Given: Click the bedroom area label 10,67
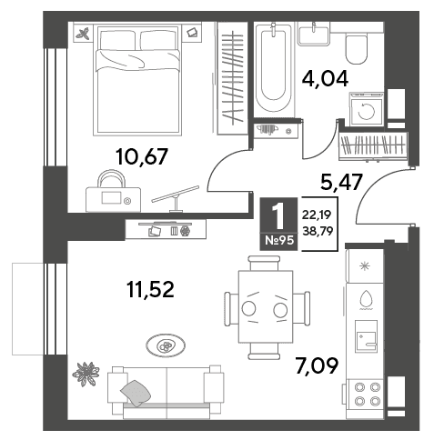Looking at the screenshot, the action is [142, 157].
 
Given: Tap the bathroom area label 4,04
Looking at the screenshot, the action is [325, 78].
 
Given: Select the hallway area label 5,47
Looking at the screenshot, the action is [341, 183].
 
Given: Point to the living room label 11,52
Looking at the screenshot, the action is [150, 289].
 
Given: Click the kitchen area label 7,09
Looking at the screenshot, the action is [317, 365].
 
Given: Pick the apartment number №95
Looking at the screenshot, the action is [279, 241].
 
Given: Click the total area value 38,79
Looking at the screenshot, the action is [318, 232].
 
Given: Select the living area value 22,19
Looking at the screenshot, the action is [317, 215].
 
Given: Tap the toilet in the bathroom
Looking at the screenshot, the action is [357, 50].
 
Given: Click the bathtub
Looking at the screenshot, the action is [274, 69].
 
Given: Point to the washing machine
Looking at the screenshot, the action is [367, 109].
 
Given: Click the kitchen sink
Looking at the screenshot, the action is [367, 336].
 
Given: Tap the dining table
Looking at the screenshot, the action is [266, 306].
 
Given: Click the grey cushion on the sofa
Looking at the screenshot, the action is [136, 393].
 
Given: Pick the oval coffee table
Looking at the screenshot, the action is [166, 345].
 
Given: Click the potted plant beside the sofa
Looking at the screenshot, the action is [86, 374].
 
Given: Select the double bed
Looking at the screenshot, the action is [137, 80].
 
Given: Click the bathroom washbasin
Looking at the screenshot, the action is [314, 35].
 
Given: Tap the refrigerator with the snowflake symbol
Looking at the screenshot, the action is [365, 265].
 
